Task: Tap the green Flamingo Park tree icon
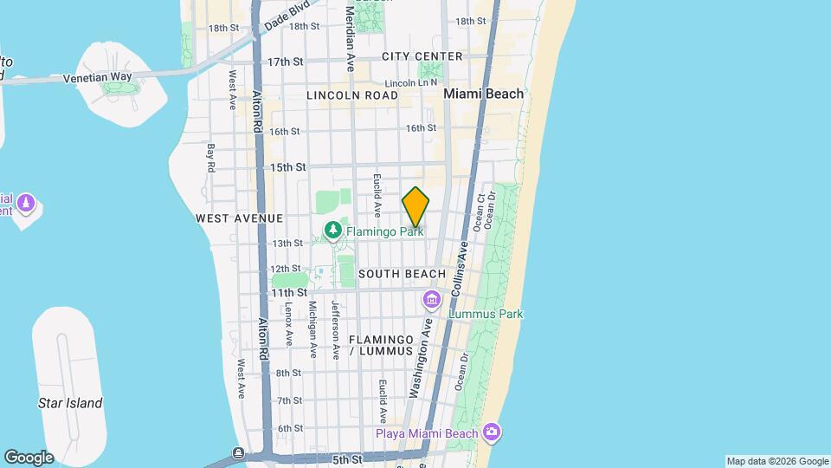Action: coord(332,231)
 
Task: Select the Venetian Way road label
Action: coord(97,77)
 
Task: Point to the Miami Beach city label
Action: coord(483,94)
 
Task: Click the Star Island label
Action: coord(70,403)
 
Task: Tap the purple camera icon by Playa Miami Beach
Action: coord(492,432)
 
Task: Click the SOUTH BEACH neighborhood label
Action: coord(402,274)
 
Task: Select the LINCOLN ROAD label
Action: coord(352,95)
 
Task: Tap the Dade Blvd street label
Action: coord(287,16)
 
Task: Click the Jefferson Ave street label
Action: coord(335,329)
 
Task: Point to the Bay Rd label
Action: coord(210,158)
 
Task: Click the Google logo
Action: coord(29,458)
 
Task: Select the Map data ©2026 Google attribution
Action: coord(777,461)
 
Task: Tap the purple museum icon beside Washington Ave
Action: coord(430,301)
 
